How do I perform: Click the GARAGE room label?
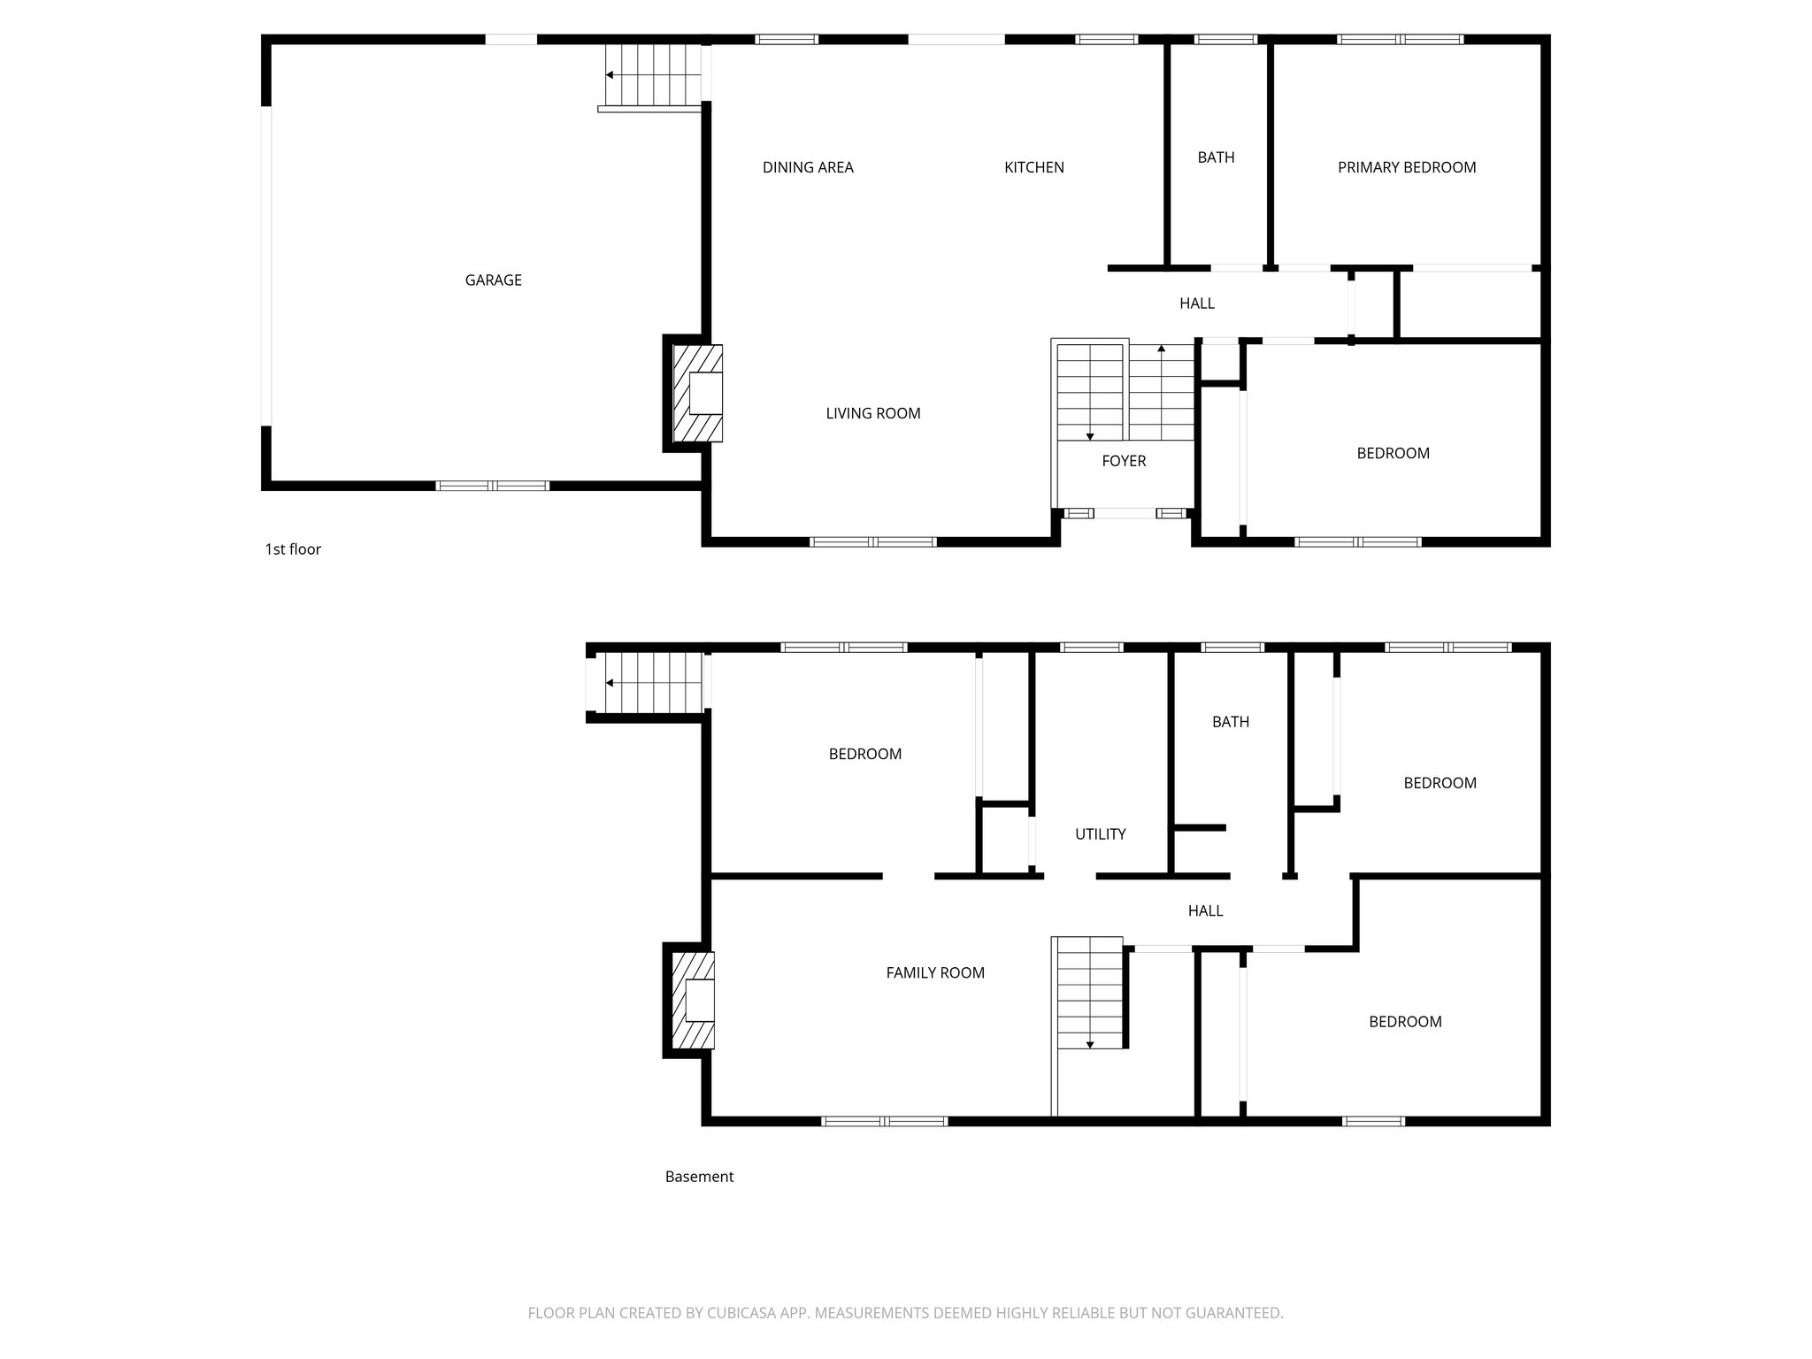pos(493,280)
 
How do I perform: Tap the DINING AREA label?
pos(808,167)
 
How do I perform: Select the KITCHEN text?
pos(1033,167)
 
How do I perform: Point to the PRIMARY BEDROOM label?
pos(1406,167)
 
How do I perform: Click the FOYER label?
pos(1124,461)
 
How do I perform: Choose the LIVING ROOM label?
pos(872,413)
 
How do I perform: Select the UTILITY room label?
pos(1100,834)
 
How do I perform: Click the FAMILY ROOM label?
pos(934,973)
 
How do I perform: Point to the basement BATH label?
pos(1230,722)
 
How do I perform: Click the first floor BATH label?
pos(1216,157)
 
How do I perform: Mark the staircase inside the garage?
pos(653,75)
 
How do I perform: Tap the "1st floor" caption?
pos(293,549)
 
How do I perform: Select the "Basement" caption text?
pos(699,1177)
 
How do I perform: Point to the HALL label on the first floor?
pos(1196,303)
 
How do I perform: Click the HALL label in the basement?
pos(1205,910)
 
